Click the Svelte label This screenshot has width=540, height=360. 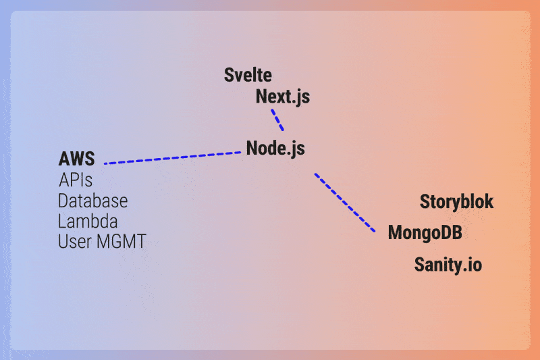click(x=248, y=75)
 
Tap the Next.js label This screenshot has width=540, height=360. click(x=283, y=97)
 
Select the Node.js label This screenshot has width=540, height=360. click(x=275, y=149)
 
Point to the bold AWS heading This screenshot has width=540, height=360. click(x=76, y=159)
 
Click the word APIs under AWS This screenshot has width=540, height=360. click(x=76, y=180)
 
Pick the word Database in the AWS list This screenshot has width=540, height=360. click(x=92, y=201)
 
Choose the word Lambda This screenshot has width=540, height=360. click(x=88, y=221)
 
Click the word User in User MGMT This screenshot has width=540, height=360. click(x=74, y=242)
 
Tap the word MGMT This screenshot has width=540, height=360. click(x=122, y=242)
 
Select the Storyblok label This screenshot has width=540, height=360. click(x=457, y=201)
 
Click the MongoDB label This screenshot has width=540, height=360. click(x=425, y=233)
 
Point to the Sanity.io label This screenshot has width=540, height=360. click(x=448, y=265)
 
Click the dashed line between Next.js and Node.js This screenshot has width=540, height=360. click(x=277, y=120)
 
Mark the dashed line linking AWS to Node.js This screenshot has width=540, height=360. click(x=173, y=158)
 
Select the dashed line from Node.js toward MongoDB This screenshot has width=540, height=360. click(x=345, y=203)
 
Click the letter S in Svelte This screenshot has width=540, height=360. click(x=229, y=75)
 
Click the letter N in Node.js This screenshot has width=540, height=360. click(x=252, y=148)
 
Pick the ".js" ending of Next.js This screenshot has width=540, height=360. click(x=302, y=97)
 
